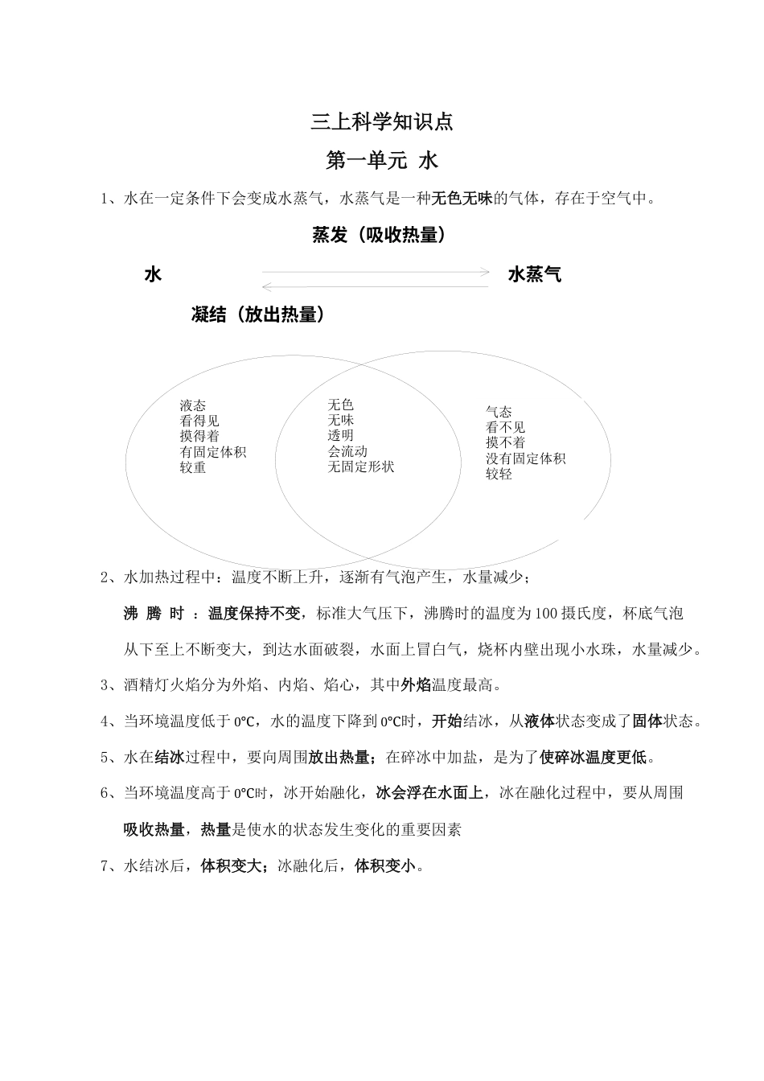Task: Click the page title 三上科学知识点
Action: click(382, 122)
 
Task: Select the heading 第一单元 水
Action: click(382, 161)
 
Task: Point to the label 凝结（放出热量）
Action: click(259, 314)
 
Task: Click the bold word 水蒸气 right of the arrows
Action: click(535, 275)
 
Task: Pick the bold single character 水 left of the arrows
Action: click(153, 275)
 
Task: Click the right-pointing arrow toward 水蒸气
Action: click(376, 273)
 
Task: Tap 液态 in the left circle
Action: click(193, 405)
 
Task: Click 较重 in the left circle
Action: click(193, 467)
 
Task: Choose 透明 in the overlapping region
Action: click(340, 436)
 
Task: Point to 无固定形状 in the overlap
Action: click(361, 467)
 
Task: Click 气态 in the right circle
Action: click(499, 412)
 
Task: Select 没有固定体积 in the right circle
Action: click(525, 458)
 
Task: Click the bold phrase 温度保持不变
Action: click(254, 614)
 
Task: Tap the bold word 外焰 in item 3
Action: click(416, 685)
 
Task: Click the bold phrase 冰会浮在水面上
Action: click(430, 793)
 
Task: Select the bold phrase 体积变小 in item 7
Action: click(385, 866)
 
